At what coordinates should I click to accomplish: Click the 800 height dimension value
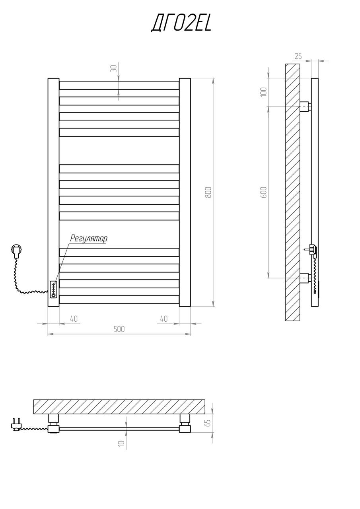point(208,192)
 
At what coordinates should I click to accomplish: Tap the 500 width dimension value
point(119,329)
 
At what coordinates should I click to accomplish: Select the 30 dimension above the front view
point(114,68)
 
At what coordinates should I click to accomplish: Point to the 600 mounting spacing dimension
point(263,192)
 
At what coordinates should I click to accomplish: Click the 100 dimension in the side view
point(263,92)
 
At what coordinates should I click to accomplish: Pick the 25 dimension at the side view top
point(298,56)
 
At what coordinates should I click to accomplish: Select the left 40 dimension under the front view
point(74,319)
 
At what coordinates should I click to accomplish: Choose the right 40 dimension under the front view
point(163,319)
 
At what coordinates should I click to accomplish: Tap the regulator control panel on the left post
point(53,289)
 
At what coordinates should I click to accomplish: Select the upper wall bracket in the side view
point(305,106)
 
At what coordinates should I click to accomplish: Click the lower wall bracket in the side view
point(305,278)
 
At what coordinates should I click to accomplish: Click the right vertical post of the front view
point(185,192)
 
